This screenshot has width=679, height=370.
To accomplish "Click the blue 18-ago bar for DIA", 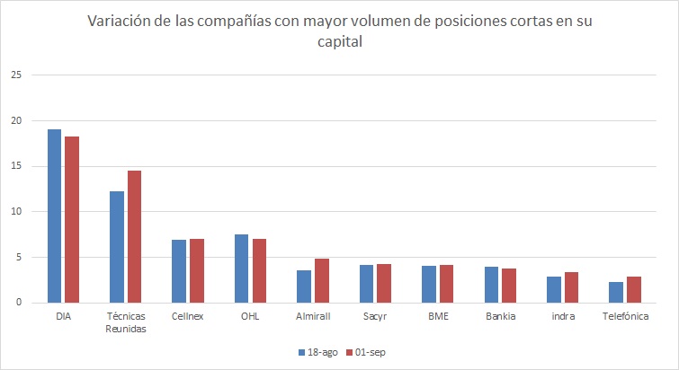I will coord(54,216).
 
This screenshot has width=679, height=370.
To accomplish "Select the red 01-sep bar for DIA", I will coord(71,220).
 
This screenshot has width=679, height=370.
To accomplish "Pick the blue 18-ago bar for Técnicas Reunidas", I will coord(117,247).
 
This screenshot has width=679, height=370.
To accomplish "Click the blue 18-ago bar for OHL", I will coord(242,269).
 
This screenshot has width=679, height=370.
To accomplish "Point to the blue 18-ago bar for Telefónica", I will coord(617,293).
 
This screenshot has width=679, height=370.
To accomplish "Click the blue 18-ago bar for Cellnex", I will coord(180,271).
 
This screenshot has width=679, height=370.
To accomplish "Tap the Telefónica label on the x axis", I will coord(626,316).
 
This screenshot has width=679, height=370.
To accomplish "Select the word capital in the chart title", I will coord(339,41).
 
